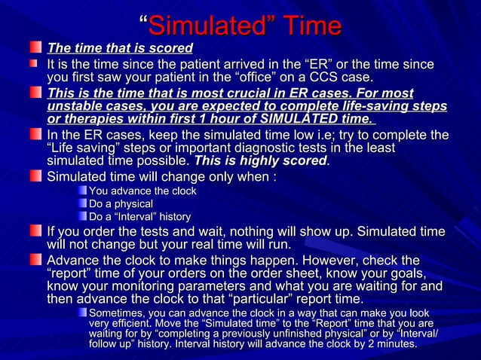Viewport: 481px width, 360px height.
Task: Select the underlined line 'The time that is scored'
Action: click(x=120, y=49)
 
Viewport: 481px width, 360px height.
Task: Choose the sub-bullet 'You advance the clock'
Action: click(x=142, y=191)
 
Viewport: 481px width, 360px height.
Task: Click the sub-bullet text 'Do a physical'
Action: click(x=121, y=204)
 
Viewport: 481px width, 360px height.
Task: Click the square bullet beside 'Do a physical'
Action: click(x=82, y=204)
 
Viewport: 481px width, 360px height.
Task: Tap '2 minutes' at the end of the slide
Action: click(x=392, y=344)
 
